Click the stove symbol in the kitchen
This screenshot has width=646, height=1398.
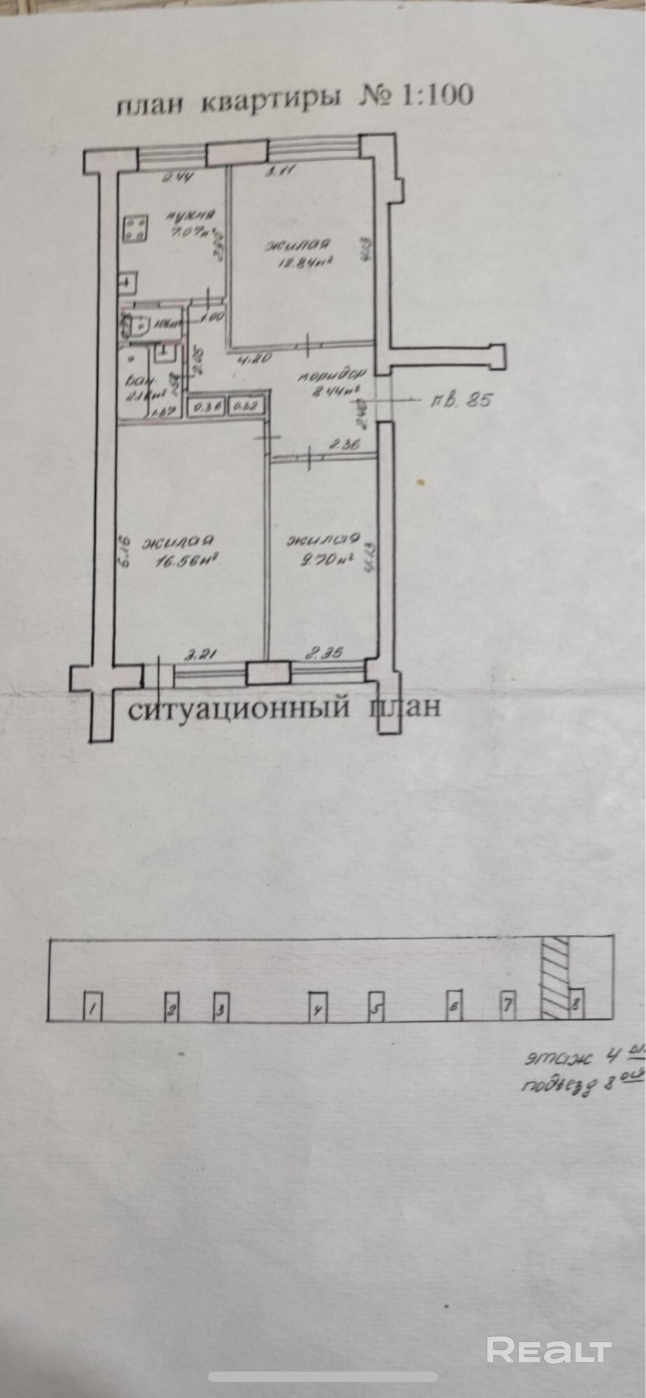point(136,227)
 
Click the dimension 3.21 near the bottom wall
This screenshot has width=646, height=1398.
point(199,655)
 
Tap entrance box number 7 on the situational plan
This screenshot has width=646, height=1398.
point(508,1004)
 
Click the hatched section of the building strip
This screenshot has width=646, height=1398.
point(556,977)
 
